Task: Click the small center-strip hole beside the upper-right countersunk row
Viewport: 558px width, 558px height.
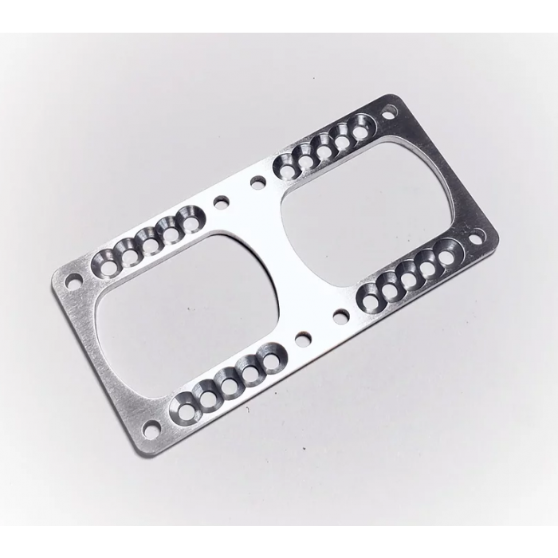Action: [x=257, y=183]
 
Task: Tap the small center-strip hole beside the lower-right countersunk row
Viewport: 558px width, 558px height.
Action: [x=340, y=316]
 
